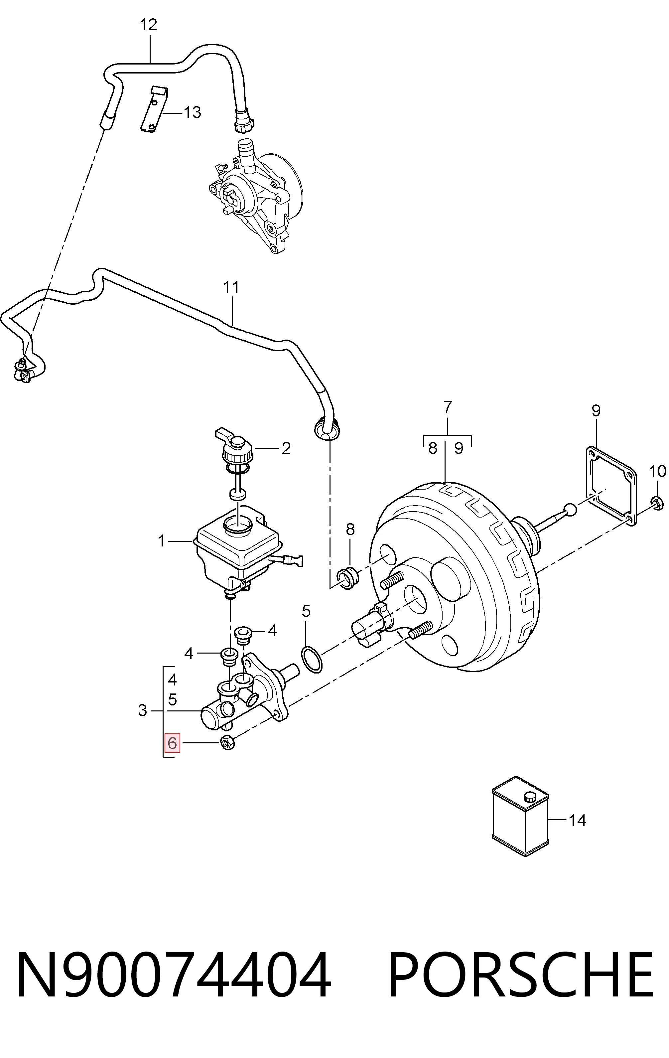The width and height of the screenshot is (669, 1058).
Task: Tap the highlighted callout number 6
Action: (172, 743)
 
